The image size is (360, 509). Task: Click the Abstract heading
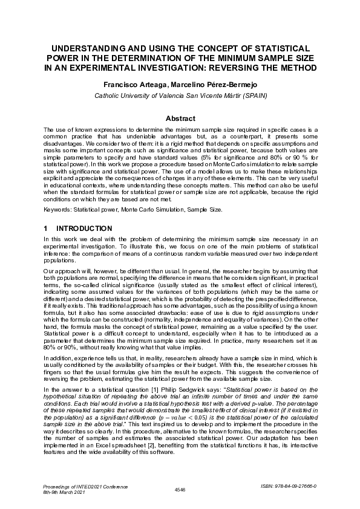pyautogui.click(x=180, y=118)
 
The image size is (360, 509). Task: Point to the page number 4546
pyautogui.click(x=180, y=488)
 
